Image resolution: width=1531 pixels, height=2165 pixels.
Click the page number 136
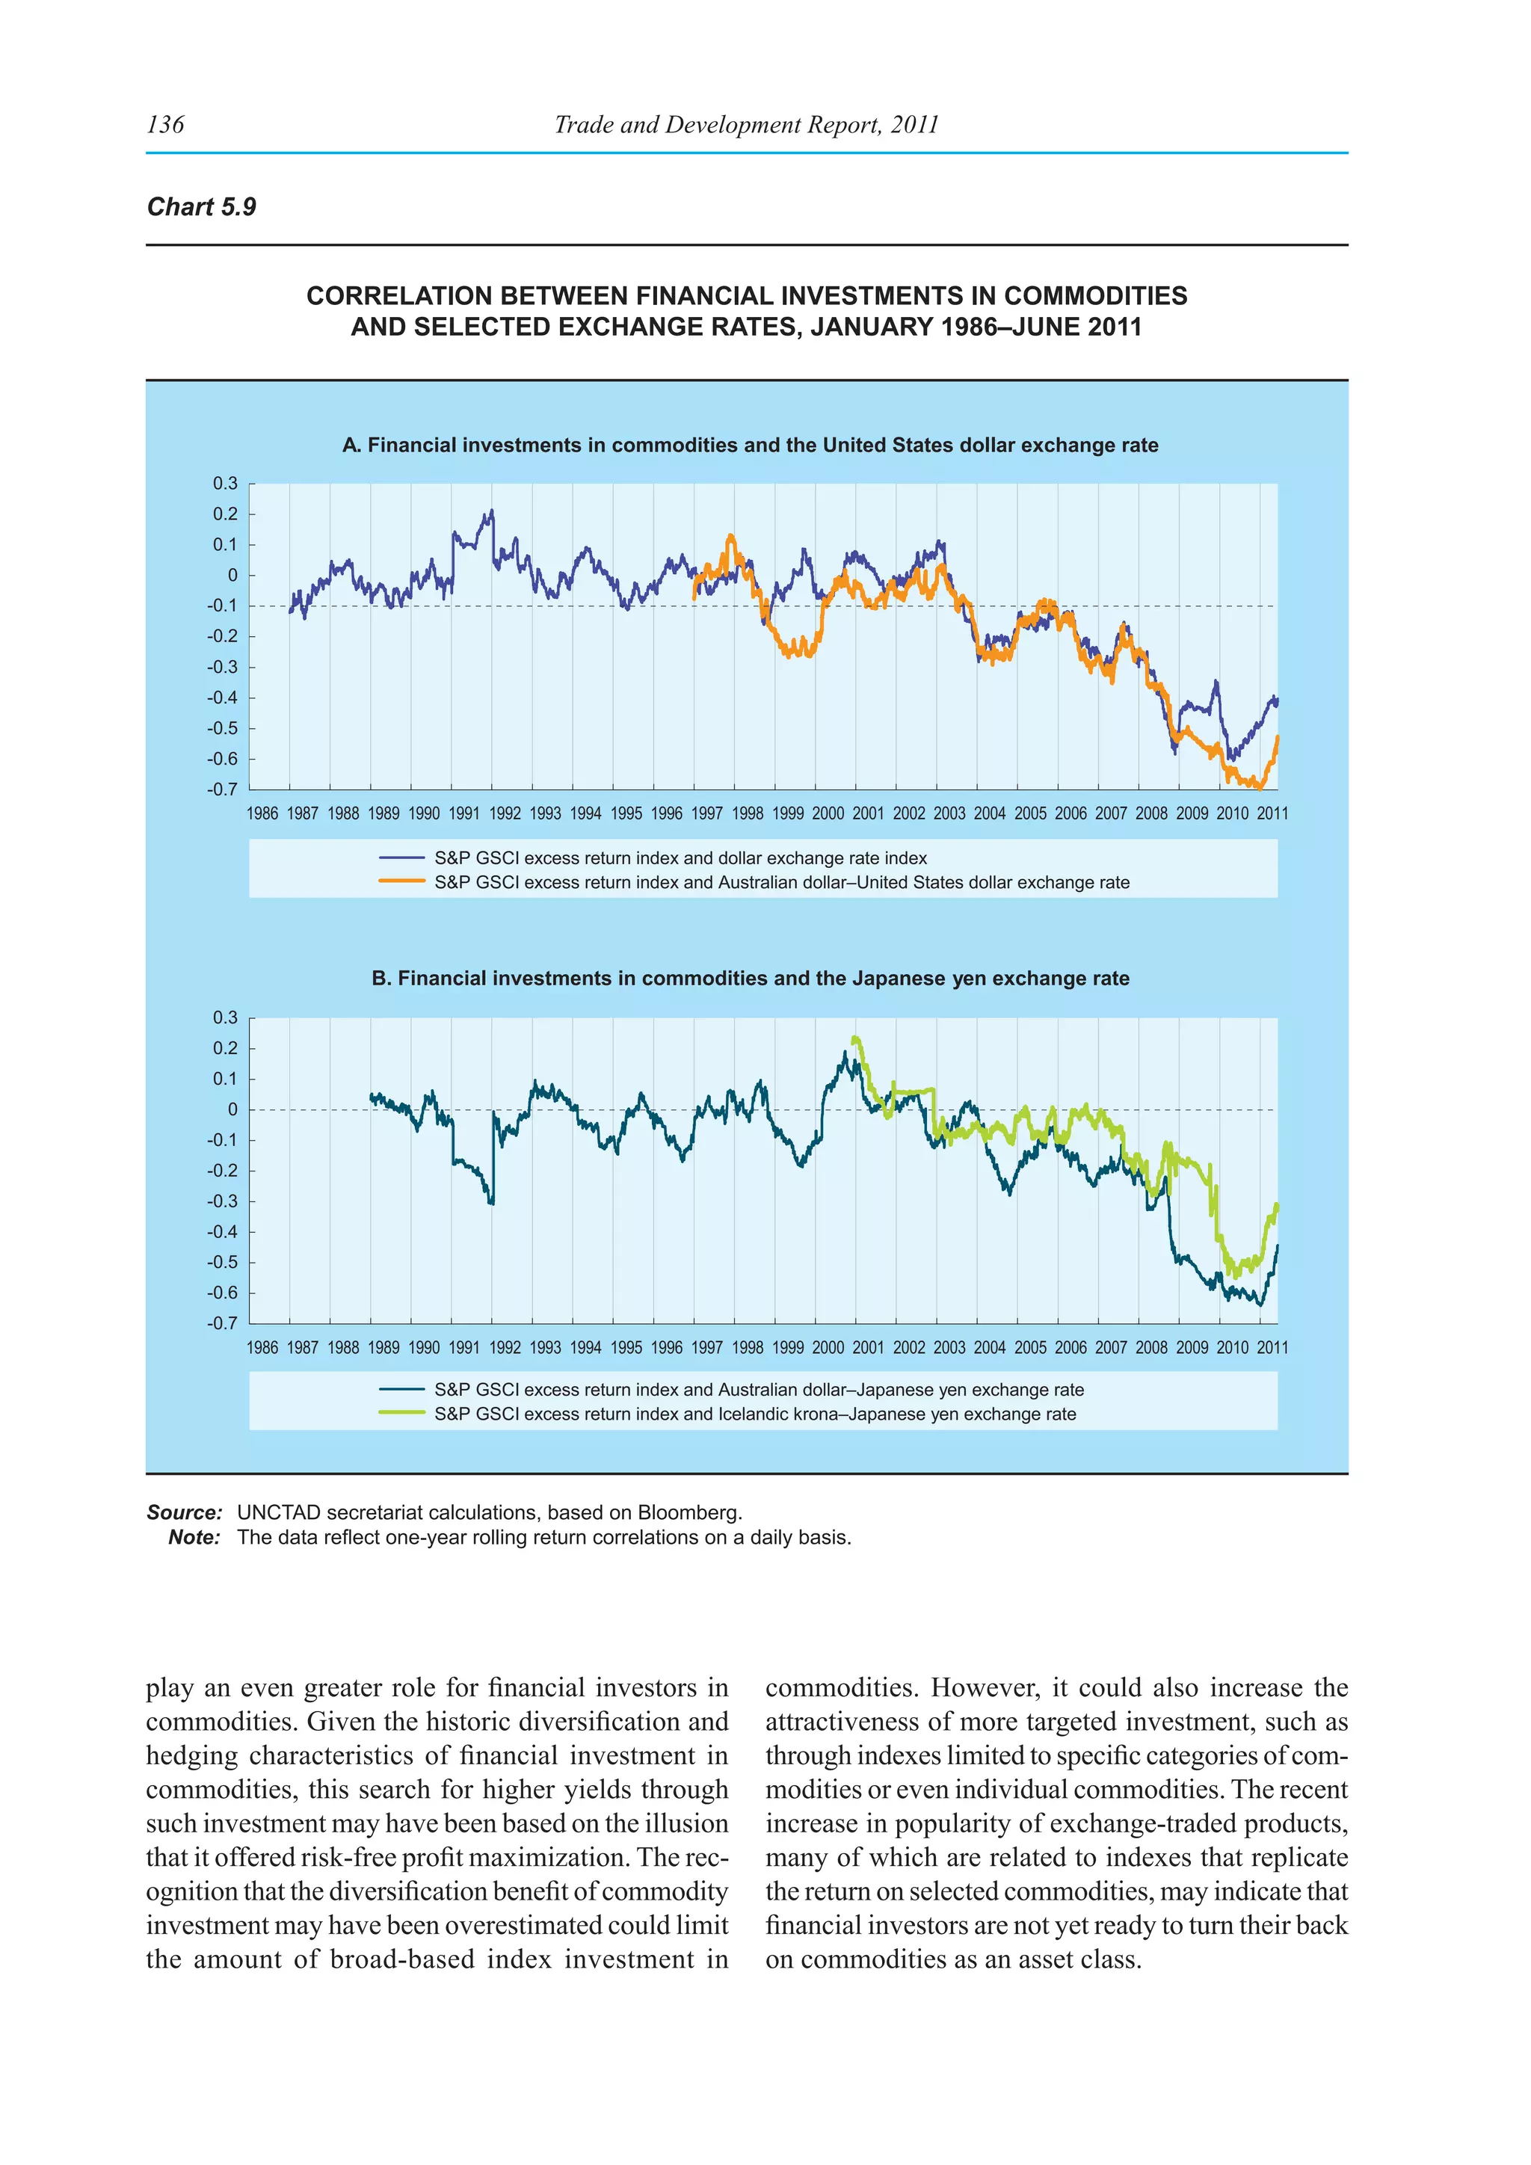(166, 124)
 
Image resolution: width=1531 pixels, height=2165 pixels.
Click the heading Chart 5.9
(202, 207)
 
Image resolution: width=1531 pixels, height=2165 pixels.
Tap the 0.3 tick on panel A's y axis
(225, 484)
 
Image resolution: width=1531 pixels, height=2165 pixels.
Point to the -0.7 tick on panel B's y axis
(224, 1323)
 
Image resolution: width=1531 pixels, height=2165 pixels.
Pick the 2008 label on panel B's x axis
(1151, 1347)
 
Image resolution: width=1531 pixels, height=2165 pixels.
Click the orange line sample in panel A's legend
(401, 881)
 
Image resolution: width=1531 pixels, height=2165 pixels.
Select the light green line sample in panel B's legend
(401, 1414)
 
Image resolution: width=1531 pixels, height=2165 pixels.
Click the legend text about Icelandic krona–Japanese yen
(754, 1414)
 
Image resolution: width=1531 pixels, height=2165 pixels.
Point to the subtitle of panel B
(750, 978)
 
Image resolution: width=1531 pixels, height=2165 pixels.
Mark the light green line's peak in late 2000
(854, 1038)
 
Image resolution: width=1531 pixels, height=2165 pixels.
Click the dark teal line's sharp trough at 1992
(491, 1202)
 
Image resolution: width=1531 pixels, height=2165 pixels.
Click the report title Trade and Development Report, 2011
(746, 124)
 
